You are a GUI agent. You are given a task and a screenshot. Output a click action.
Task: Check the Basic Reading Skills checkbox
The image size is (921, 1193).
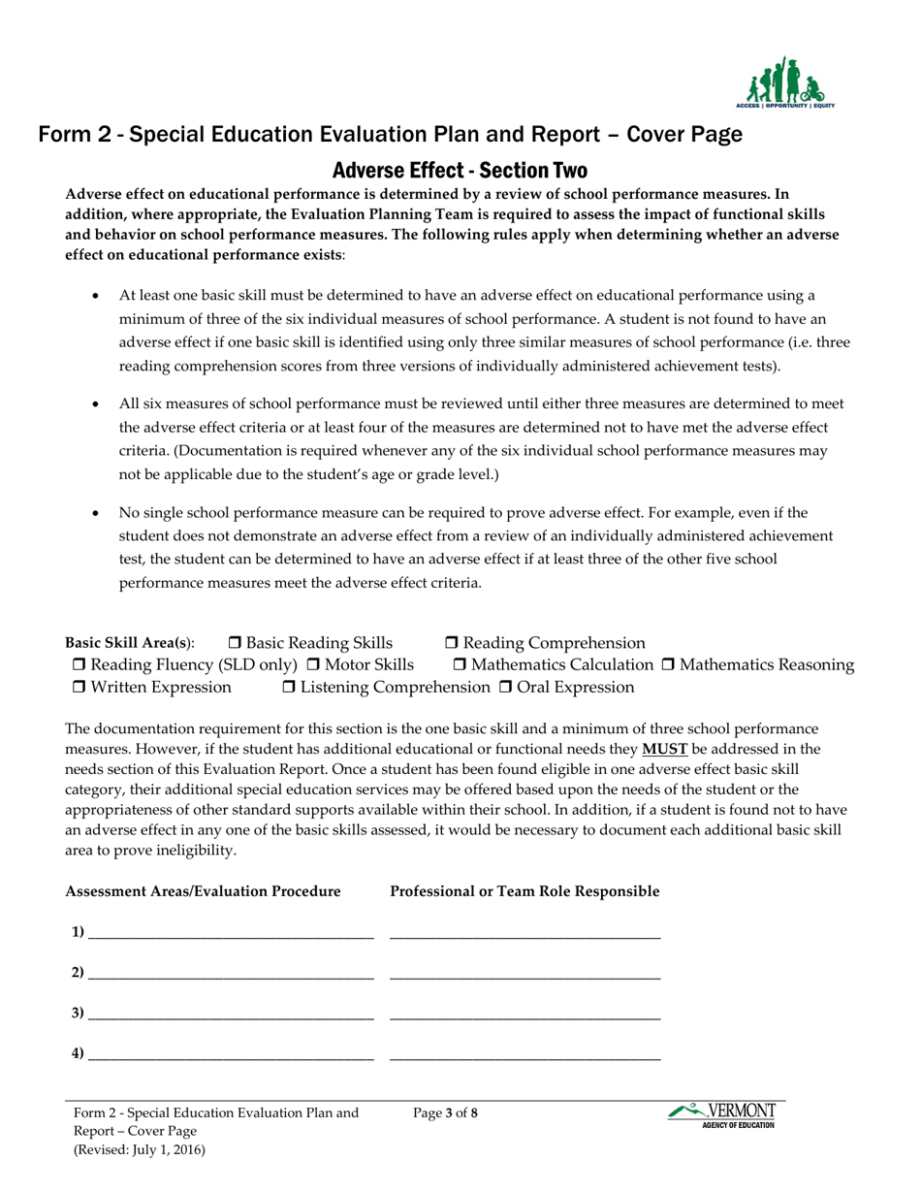coord(236,644)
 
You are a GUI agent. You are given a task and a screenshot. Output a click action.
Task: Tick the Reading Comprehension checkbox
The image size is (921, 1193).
coord(453,644)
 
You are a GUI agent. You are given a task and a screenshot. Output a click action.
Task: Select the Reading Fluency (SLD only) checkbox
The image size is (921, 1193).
coord(79,665)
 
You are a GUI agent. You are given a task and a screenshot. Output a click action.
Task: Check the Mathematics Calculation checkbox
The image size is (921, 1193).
coord(460,665)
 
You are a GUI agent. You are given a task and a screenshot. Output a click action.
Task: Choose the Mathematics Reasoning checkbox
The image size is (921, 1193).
coord(668,665)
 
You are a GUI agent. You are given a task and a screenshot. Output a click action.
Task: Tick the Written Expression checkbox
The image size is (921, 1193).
coord(79,688)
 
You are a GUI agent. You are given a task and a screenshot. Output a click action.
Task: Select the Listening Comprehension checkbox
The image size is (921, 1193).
coord(290,688)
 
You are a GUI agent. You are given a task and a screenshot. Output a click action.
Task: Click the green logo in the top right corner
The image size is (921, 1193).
coord(784,82)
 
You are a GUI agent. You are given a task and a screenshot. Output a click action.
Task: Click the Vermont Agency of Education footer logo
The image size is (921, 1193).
coord(722,1115)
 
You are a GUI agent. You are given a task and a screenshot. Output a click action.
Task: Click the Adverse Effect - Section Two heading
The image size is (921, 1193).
coord(460,171)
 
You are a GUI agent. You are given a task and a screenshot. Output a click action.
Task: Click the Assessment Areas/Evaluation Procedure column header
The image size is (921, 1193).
coord(203,891)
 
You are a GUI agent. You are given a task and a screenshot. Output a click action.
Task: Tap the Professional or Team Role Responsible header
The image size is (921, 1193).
coord(524,891)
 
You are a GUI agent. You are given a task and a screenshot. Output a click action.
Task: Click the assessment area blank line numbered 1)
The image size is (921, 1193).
coord(230,934)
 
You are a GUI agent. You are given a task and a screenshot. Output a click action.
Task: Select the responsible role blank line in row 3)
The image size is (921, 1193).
coord(524,1015)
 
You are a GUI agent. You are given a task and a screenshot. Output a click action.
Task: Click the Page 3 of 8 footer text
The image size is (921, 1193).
coord(445,1113)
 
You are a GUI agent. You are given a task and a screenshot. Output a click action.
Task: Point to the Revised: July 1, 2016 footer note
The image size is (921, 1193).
coord(140,1149)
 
